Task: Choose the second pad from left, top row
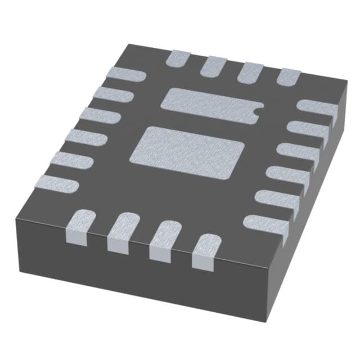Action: click(x=214, y=65)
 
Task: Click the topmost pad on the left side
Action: click(x=127, y=75)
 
